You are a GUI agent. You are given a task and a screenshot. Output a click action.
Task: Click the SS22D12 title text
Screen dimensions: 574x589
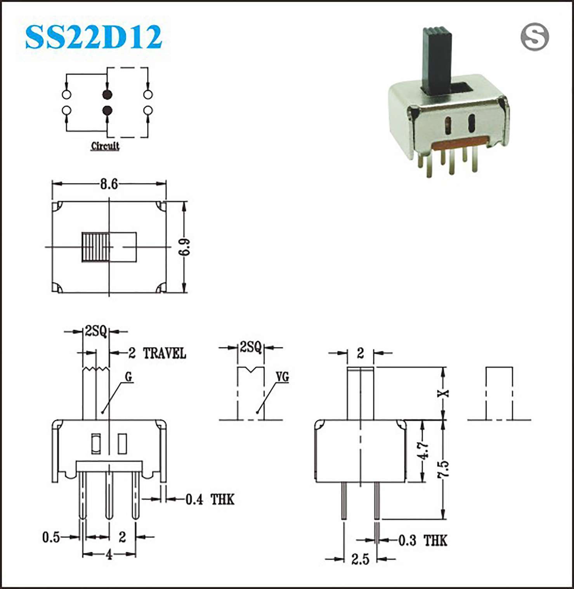point(93,37)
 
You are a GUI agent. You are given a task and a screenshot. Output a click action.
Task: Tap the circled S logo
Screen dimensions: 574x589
point(534,37)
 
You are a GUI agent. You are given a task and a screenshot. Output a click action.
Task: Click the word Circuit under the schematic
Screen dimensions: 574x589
point(105,146)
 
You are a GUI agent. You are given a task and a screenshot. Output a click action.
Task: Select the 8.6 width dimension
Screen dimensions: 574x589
point(109,184)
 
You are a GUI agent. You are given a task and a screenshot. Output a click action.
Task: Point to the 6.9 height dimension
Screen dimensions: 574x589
point(185,247)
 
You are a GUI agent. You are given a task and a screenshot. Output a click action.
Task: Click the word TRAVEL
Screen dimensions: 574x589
point(165,353)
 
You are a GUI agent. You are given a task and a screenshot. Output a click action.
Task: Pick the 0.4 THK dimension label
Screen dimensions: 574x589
point(210,499)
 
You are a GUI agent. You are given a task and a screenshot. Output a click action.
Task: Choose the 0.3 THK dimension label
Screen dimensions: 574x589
point(423,540)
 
